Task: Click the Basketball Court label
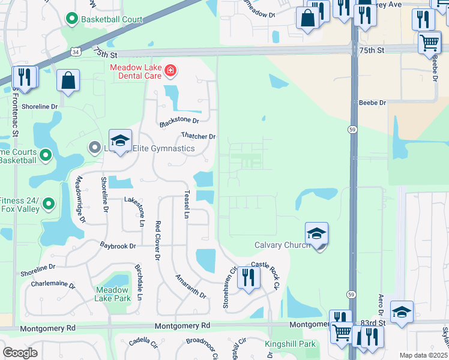pos(113,19)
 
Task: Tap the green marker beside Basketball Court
pos(72,20)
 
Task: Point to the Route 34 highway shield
pos(74,52)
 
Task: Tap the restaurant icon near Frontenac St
pos(25,77)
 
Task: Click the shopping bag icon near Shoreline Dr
pos(68,80)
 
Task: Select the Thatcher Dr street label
pos(197,137)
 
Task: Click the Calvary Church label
pos(282,245)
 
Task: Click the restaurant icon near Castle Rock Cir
pos(247,277)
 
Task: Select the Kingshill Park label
pos(291,344)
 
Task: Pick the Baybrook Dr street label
pos(118,246)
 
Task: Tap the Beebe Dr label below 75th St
pos(372,103)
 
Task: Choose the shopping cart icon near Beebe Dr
pos(430,42)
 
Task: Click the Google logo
pos(20,353)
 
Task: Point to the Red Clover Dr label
pos(158,240)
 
